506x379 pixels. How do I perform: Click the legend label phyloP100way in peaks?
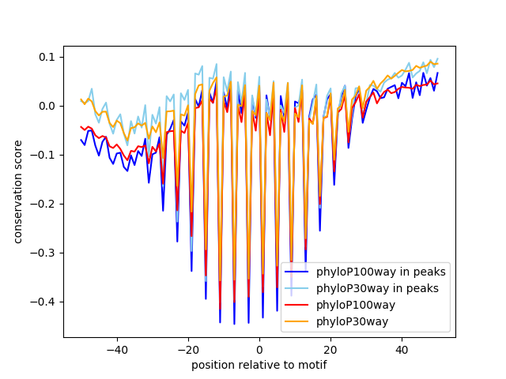[380, 272]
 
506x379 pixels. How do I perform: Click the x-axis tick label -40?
[117, 349]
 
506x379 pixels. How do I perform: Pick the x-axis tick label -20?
[188, 349]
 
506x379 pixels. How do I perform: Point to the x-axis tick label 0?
[259, 349]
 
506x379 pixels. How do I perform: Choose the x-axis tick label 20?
[330, 349]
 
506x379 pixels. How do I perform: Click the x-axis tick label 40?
[402, 349]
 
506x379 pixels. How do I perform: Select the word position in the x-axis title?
[211, 365]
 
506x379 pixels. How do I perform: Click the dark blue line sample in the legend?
[297, 272]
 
